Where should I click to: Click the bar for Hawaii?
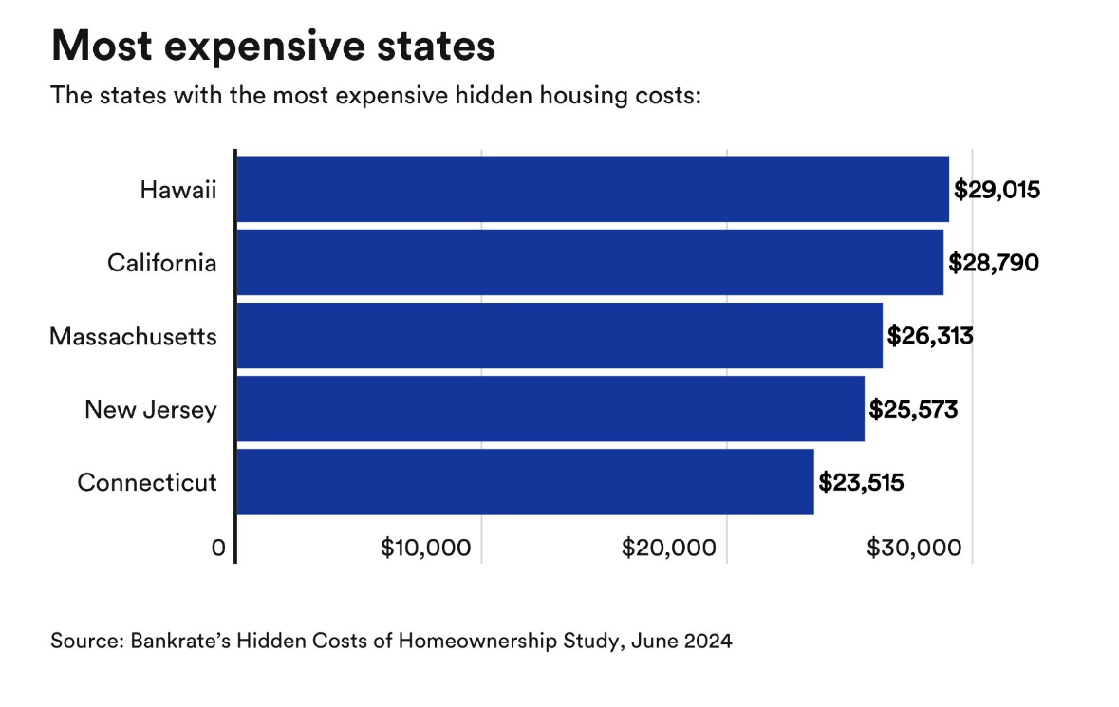click(592, 189)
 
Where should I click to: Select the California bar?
click(589, 263)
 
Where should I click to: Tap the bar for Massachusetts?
click(559, 336)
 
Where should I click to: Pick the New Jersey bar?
click(550, 409)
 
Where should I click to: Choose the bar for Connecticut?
click(525, 482)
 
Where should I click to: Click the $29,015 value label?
click(997, 190)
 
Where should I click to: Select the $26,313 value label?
click(930, 336)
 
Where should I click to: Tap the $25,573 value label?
click(913, 409)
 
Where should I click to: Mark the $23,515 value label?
click(861, 482)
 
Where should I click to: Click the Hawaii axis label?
click(178, 190)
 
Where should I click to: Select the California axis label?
click(161, 263)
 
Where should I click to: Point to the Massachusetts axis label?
click(133, 336)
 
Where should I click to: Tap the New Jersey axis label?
click(151, 410)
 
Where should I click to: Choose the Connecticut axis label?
click(147, 482)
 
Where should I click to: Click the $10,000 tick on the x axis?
click(425, 549)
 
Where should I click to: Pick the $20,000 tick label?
click(670, 549)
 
